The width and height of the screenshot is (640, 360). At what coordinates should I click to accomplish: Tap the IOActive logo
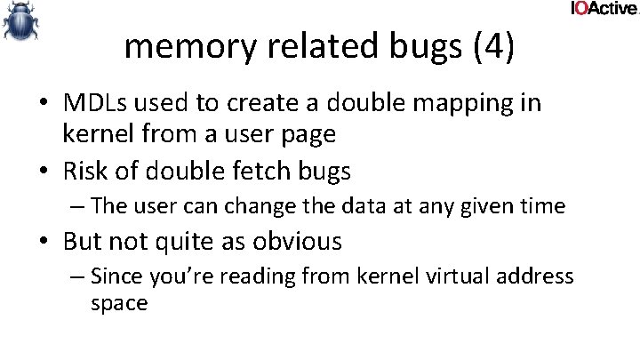point(604,9)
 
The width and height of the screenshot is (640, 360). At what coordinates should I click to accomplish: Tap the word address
point(533,276)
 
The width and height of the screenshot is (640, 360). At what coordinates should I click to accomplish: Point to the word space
point(119,303)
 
